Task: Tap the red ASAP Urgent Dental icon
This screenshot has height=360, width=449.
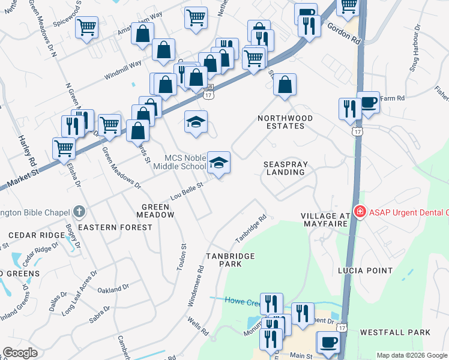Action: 360,211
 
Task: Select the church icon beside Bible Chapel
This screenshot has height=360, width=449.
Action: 78,211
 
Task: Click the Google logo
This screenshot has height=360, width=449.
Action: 20,353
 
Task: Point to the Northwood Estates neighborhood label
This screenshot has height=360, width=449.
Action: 285,122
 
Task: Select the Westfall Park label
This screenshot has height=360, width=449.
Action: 395,332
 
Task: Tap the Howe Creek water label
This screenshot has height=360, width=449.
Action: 243,301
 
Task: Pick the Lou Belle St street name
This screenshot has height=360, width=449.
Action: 187,190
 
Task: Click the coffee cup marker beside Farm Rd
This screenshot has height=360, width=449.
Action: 368,103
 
